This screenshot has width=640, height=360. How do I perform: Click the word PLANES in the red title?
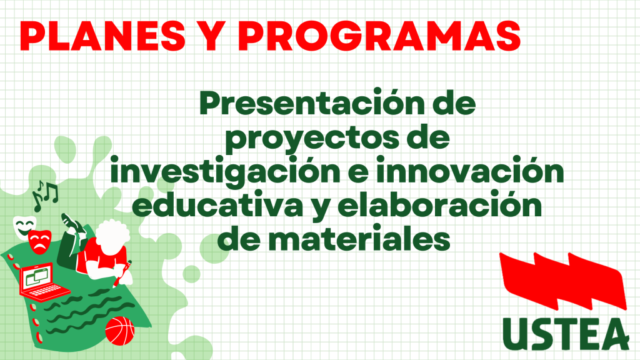pyautogui.click(x=102, y=36)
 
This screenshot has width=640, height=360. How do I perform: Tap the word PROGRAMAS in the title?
pyautogui.click(x=379, y=36)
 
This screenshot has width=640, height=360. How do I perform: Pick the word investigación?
pyautogui.click(x=225, y=171)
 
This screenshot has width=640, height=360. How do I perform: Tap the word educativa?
pyautogui.click(x=217, y=204)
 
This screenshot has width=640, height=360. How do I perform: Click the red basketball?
pyautogui.click(x=119, y=331)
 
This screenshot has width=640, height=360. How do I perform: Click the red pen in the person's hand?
pyautogui.click(x=122, y=274)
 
